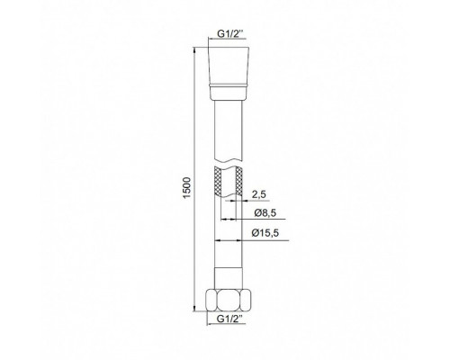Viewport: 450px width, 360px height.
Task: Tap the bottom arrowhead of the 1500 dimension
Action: click(x=194, y=329)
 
